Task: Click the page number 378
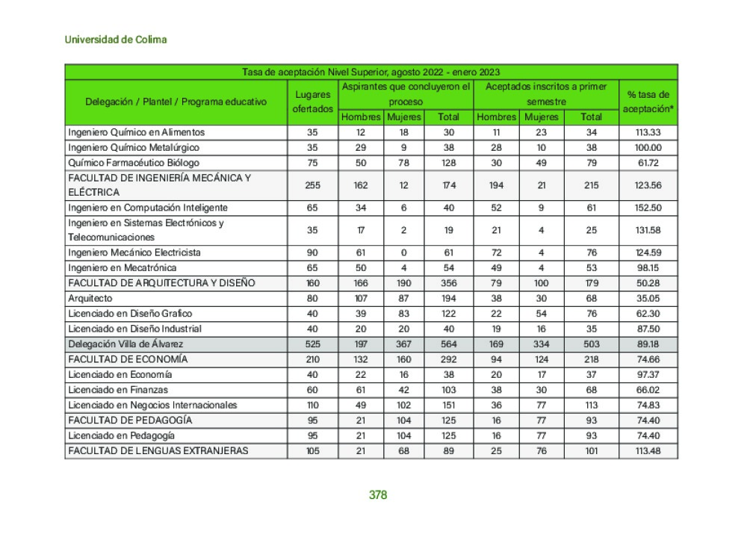point(378,494)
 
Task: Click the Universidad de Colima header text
point(115,40)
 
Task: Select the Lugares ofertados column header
point(312,102)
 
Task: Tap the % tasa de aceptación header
point(648,102)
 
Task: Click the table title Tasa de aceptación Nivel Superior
point(371,72)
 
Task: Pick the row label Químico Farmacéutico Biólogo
point(134,163)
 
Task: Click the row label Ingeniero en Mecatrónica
point(123,267)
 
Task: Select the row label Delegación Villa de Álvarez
point(126,344)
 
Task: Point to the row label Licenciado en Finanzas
point(118,390)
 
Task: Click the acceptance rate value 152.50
point(648,208)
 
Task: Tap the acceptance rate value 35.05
point(648,298)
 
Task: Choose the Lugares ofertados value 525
point(312,344)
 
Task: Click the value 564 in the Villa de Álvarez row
point(448,344)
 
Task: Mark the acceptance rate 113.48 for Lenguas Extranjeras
point(648,451)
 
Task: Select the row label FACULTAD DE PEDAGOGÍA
point(130,420)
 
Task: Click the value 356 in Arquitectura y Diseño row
point(448,283)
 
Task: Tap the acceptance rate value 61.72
point(648,163)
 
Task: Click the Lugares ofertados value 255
point(312,185)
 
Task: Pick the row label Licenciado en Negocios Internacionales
point(152,406)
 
